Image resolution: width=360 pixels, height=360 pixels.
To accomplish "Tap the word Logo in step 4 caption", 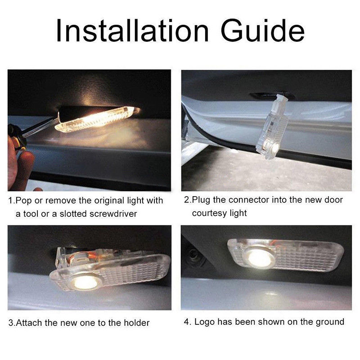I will click(x=203, y=322).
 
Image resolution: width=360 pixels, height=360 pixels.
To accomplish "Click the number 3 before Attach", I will click(x=11, y=323).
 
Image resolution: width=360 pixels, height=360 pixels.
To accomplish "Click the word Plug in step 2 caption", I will click(x=200, y=200).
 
